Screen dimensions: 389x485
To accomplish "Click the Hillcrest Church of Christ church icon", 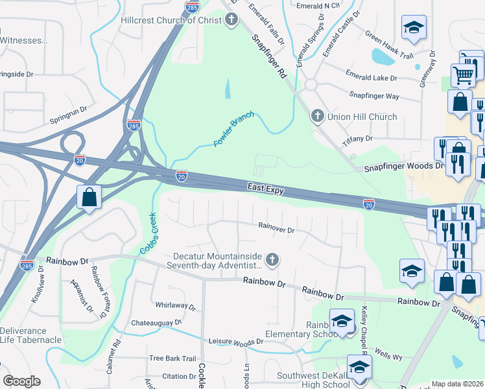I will click(231, 20).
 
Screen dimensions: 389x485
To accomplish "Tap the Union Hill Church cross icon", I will click(317, 117).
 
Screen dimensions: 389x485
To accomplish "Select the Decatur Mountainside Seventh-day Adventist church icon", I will click(272, 261).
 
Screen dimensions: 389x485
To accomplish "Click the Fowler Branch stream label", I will click(233, 128).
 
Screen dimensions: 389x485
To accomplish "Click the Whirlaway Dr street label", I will click(175, 305).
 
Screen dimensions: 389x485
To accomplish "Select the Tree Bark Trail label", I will click(172, 359).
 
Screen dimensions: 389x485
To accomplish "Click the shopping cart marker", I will click(463, 75).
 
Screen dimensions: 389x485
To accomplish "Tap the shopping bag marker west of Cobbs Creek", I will click(88, 196).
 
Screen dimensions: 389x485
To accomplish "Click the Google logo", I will click(21, 381).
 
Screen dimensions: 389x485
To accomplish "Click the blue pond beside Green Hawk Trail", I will click(383, 58).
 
